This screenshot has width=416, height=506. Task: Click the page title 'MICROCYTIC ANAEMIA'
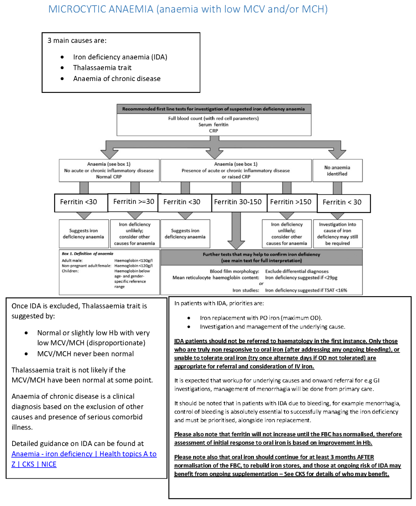[101, 9]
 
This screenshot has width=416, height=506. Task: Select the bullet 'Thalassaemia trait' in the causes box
[102, 68]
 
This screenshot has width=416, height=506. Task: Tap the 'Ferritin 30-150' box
[238, 202]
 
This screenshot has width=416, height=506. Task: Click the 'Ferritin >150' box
[290, 202]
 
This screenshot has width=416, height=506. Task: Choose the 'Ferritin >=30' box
[134, 202]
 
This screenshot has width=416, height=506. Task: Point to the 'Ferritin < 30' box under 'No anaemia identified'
[342, 202]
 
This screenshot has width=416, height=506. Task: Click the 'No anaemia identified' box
[337, 171]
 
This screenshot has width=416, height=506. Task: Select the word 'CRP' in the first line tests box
[214, 131]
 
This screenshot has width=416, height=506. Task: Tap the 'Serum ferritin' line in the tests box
[213, 125]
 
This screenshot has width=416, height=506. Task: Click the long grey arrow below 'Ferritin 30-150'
[236, 231]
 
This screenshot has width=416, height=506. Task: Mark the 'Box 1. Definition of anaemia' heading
[87, 254]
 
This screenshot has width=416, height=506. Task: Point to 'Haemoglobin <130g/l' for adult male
[133, 261]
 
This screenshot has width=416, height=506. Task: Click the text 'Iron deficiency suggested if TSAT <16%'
[306, 290]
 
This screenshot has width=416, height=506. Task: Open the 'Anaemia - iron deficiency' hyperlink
[52, 454]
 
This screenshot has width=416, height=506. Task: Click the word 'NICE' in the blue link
[49, 464]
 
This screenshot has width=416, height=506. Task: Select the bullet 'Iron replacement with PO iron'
[260, 318]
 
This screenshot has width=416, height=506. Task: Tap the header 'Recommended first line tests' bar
[214, 109]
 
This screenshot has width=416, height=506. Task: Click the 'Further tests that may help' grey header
[261, 257]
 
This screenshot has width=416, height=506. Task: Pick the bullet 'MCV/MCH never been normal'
[85, 354]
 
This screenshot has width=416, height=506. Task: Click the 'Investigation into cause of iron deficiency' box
[337, 234]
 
